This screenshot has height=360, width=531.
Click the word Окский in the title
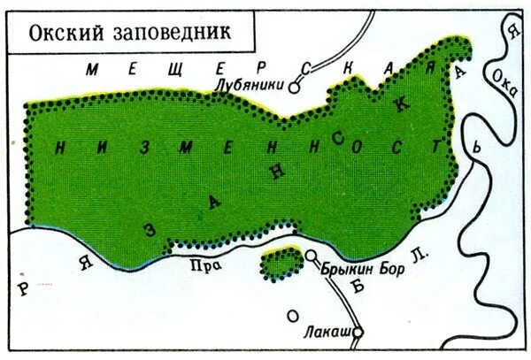point(58,33)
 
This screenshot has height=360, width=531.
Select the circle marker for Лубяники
point(297,87)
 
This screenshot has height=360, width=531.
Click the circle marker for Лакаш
point(359,333)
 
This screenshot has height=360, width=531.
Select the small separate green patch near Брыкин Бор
point(281,264)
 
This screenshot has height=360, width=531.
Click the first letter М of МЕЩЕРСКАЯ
point(96,69)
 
